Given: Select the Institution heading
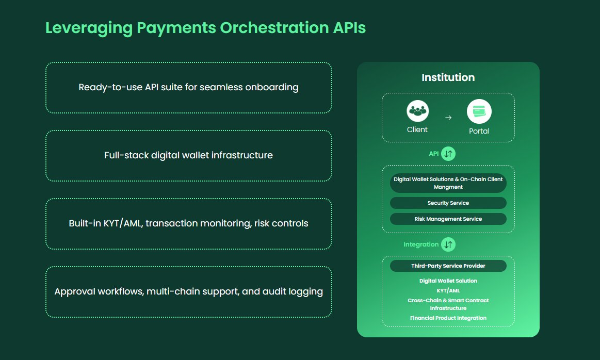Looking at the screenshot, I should click(x=448, y=77).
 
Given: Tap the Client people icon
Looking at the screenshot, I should click(x=417, y=110).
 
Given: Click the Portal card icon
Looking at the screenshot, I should click(x=479, y=111).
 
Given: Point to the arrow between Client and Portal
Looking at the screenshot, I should click(x=448, y=118).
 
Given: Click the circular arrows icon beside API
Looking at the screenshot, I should click(x=448, y=154).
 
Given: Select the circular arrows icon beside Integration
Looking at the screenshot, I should click(x=448, y=244).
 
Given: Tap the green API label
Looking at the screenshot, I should click(x=433, y=154).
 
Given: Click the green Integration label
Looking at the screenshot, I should click(x=420, y=244).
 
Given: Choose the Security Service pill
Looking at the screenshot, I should click(x=448, y=203).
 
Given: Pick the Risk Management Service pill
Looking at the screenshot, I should click(x=448, y=219).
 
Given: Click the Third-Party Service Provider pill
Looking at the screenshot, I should click(x=448, y=266).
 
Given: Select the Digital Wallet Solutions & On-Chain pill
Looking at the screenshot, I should click(x=448, y=183).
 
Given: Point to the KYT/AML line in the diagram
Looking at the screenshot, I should click(x=448, y=290).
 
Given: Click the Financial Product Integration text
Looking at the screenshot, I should click(x=448, y=318).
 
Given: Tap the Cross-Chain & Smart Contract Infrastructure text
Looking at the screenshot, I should click(x=448, y=304).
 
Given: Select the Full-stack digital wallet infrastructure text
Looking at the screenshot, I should click(x=188, y=155).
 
